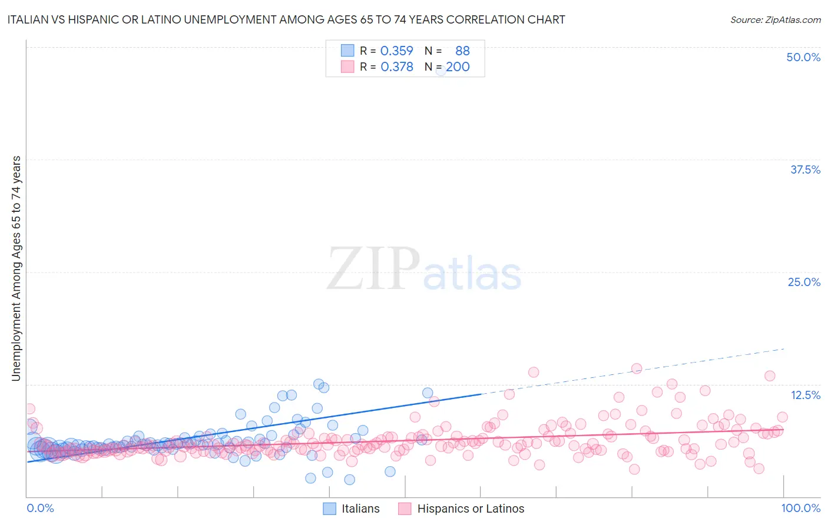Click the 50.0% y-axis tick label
coord(803,57)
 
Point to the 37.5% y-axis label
coord(805,170)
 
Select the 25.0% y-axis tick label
coord(804,282)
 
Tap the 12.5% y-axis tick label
coord(805,395)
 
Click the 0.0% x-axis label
coord(40,508)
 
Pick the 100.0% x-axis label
coord(800,508)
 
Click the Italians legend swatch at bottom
coord(330,509)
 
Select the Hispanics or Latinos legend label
coord(471,509)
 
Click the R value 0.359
coord(396,51)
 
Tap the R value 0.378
coord(396,67)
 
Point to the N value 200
coord(458,67)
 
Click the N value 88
coord(462,51)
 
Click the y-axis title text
coord(16,268)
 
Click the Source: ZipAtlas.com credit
coord(775,19)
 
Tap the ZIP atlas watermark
coord(424,268)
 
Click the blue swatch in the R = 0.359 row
coord(347,51)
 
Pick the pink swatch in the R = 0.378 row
coord(347,67)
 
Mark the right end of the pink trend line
coord(783,430)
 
